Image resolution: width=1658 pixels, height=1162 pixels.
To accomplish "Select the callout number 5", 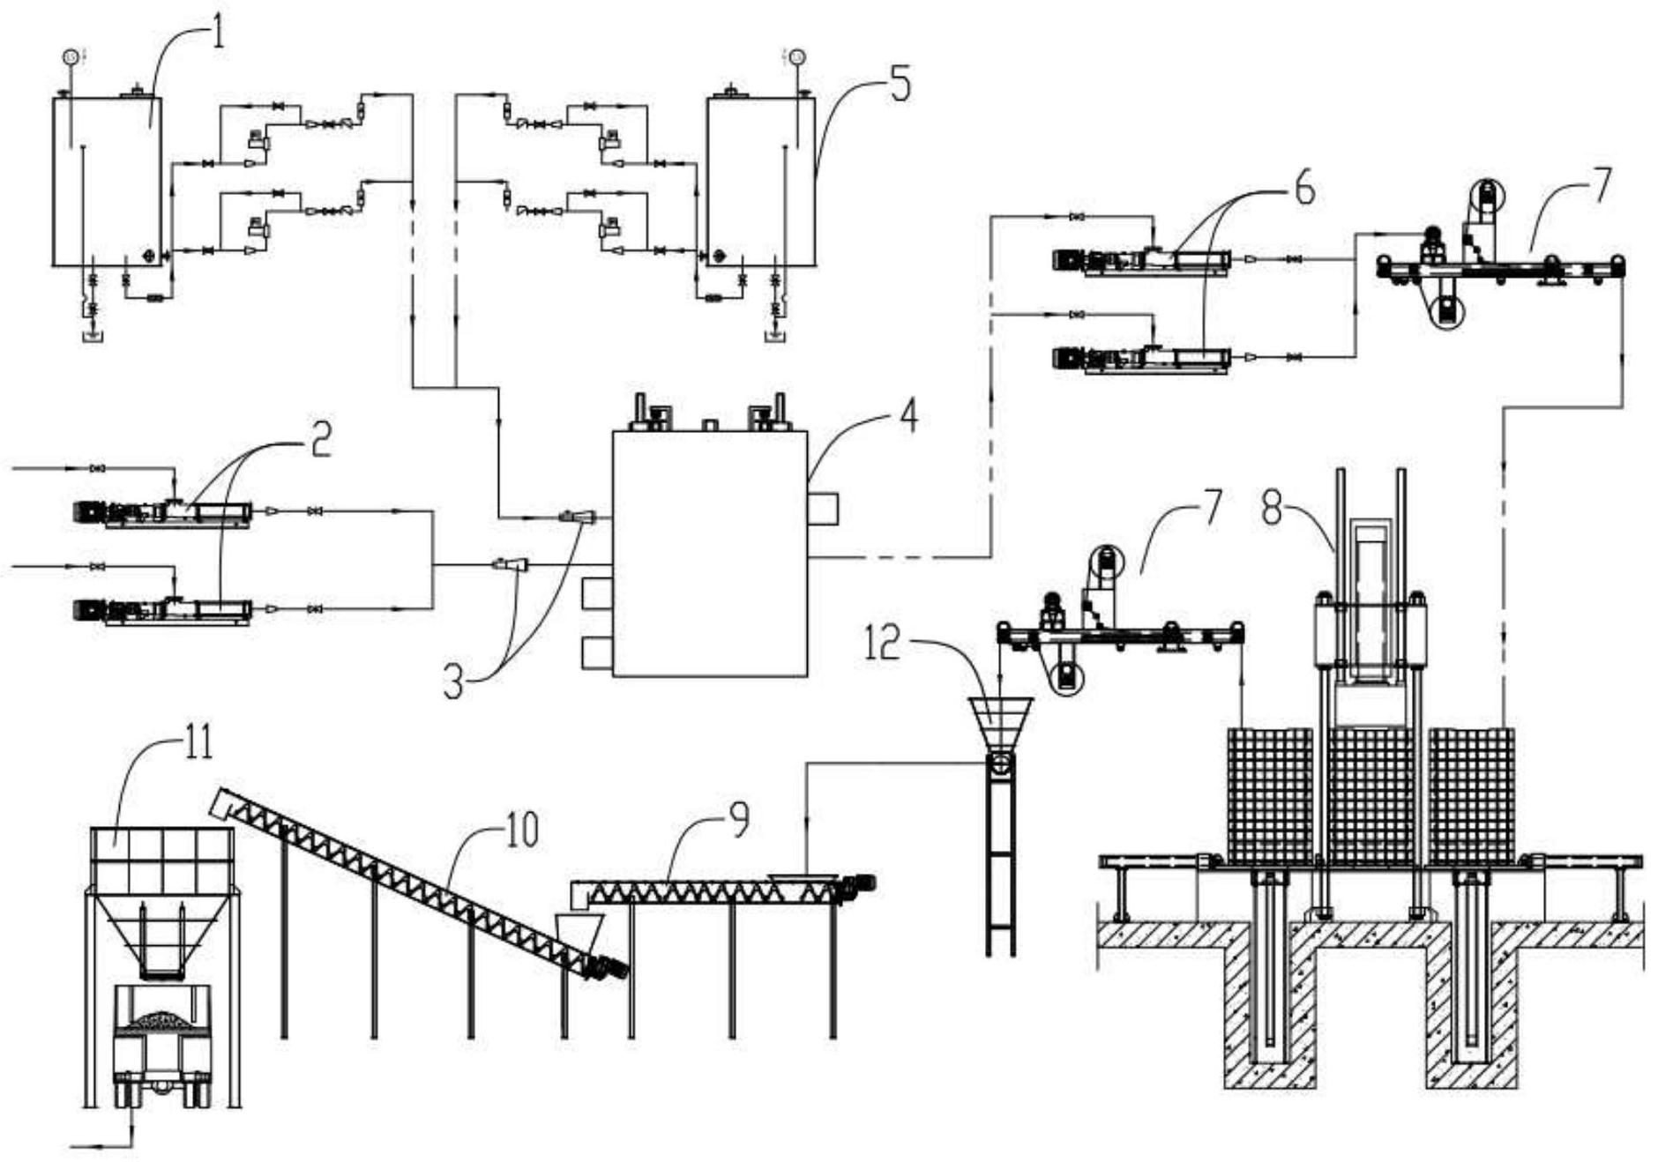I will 898,86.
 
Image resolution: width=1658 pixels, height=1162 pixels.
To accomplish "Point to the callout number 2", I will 319,439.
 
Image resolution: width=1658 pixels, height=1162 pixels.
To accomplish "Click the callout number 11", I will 199,742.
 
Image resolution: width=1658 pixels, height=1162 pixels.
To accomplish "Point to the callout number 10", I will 522,829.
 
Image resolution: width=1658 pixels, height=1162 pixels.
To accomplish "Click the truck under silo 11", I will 162,1045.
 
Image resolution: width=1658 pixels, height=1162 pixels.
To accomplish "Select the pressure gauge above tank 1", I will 71,57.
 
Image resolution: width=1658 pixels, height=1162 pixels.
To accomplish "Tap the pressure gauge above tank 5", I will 798,57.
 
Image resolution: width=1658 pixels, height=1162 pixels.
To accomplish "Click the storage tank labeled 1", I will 107,181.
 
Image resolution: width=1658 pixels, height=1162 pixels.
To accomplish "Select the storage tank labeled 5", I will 760,181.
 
